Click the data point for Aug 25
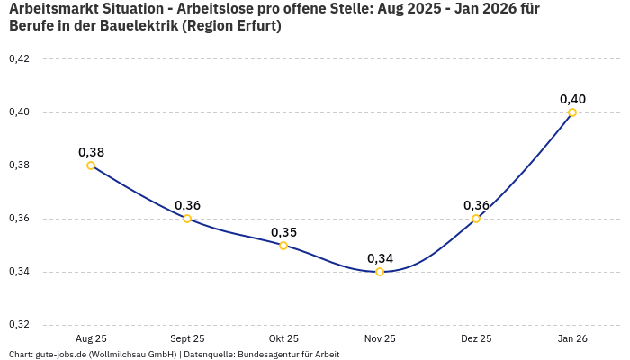91,166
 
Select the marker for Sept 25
187,219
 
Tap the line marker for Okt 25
283,245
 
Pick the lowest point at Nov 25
380,272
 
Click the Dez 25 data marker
476,219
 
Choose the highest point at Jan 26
572,112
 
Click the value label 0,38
91,152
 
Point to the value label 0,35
283,232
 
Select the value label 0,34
380,258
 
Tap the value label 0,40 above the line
572,99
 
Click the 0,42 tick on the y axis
19,59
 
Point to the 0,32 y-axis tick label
19,325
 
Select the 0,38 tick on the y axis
19,166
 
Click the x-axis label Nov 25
380,338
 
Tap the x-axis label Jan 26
572,338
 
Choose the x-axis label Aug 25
91,338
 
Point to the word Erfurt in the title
255,26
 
